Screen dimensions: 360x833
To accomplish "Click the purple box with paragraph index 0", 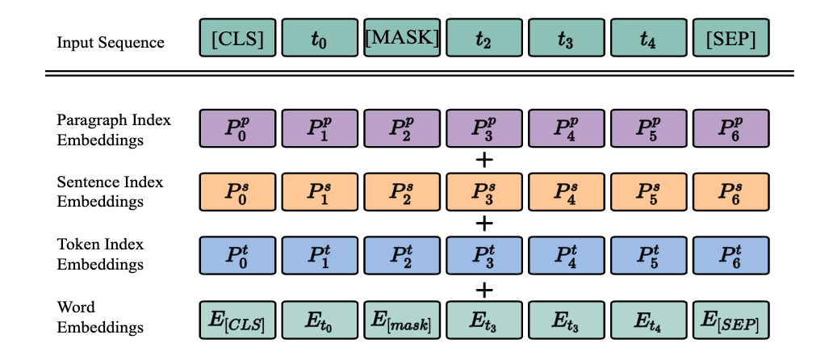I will (x=237, y=129).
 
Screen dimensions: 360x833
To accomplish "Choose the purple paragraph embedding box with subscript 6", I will (x=731, y=129).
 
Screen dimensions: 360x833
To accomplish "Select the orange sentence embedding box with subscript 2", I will (x=402, y=191).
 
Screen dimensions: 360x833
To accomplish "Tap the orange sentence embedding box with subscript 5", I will (x=649, y=191).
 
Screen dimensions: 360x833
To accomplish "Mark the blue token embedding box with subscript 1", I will (x=320, y=253).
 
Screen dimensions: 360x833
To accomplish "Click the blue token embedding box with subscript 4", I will (x=567, y=253).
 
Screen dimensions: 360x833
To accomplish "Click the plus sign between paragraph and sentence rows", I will (x=484, y=160).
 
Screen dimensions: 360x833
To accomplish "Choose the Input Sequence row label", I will (x=111, y=42).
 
